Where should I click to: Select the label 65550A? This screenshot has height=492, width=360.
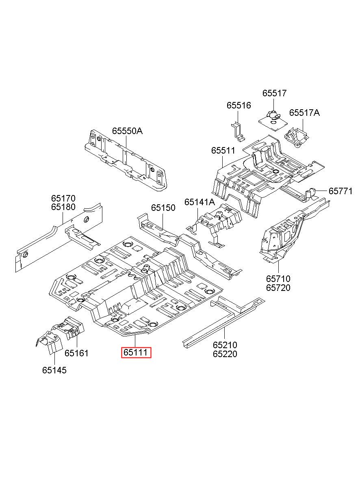[128, 131]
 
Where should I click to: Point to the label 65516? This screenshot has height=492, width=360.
[239, 106]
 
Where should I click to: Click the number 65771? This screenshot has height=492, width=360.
[340, 191]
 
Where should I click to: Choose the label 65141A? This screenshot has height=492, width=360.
[200, 202]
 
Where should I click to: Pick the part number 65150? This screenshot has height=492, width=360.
[163, 208]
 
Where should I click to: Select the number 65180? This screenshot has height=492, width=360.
[63, 207]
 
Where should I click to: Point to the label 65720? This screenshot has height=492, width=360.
[278, 288]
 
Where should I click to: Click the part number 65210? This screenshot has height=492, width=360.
[225, 345]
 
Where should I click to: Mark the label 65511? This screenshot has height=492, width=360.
[223, 151]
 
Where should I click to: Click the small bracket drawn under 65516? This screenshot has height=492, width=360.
[238, 132]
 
